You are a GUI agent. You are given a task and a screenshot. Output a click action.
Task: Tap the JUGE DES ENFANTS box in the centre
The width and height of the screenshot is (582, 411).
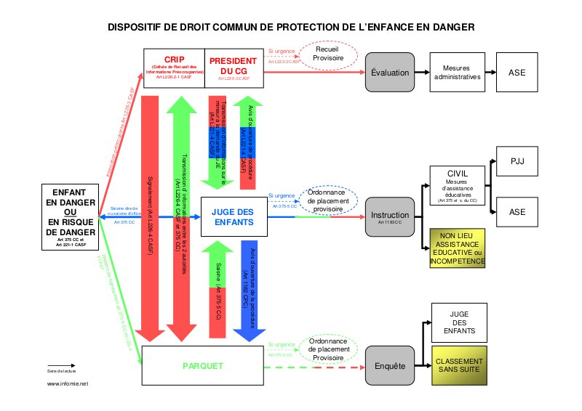232,216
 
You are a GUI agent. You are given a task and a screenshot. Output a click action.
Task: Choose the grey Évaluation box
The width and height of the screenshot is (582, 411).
389,73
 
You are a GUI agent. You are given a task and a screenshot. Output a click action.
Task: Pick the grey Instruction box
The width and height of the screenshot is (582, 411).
390,216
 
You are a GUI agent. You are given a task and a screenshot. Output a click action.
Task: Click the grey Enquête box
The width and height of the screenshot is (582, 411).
389,367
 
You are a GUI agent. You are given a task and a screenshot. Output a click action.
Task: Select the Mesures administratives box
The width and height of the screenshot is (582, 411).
456,72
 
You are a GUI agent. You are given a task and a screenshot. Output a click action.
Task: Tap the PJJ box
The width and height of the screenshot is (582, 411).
517,162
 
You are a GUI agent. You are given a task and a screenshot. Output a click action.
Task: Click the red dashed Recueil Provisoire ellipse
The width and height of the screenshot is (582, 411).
328,54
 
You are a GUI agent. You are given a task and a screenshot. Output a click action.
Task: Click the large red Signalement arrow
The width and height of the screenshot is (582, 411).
153,218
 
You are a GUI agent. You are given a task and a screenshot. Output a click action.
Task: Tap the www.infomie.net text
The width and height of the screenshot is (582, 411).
68,383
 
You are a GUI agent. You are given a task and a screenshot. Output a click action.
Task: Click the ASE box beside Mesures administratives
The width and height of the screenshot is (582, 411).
517,72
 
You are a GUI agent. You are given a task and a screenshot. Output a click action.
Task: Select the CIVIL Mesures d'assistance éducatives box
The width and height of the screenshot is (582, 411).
456,186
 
